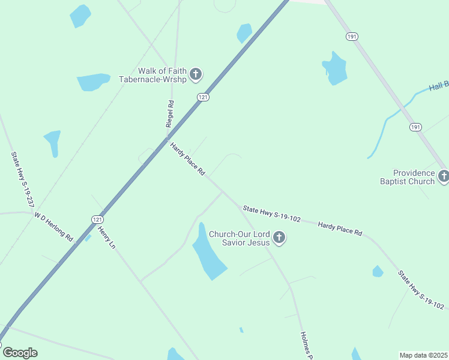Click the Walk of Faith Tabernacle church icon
tap(196, 75)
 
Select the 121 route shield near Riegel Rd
tap(204, 97)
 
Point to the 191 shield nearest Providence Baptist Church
tap(416, 127)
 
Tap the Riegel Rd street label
tap(170, 113)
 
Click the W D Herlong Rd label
tap(53, 226)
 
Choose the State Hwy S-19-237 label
tap(22, 179)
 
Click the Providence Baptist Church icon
tap(444, 176)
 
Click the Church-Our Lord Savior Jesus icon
tap(279, 238)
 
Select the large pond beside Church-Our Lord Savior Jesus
tap(208, 258)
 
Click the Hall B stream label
tap(438, 87)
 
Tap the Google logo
tap(20, 353)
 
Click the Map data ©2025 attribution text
tap(423, 355)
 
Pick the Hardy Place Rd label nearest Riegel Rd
tap(188, 159)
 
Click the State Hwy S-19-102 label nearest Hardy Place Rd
tap(271, 214)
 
